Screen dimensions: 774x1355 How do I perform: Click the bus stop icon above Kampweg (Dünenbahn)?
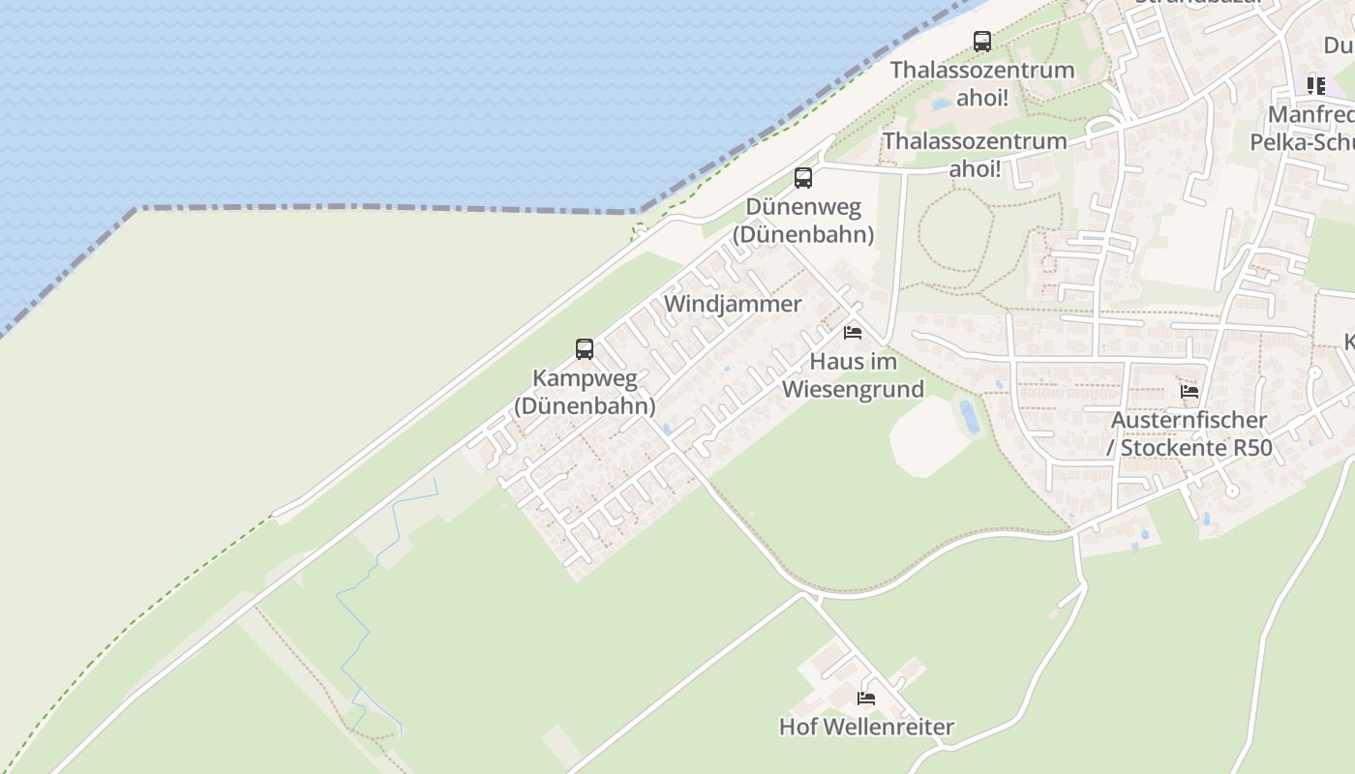pos(585,349)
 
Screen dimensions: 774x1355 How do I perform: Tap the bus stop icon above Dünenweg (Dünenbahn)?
pos(803,178)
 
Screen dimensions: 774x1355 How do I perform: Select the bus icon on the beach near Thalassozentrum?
pos(982,42)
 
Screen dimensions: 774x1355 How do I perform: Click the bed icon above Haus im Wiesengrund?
pos(853,333)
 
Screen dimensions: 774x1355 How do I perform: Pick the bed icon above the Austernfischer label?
pos(1189,392)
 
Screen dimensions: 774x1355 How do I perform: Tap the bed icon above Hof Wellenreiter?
pos(866,698)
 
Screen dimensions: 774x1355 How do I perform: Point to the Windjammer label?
pos(733,304)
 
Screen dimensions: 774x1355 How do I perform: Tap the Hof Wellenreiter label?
pos(866,727)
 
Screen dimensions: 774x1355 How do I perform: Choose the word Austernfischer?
pos(1189,421)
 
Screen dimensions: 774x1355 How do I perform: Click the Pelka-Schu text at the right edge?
pos(1302,142)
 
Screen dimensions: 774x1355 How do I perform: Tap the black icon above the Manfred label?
pos(1316,85)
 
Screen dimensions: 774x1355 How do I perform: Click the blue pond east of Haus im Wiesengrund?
pos(968,416)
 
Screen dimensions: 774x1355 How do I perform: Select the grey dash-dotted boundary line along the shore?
pos(387,207)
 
